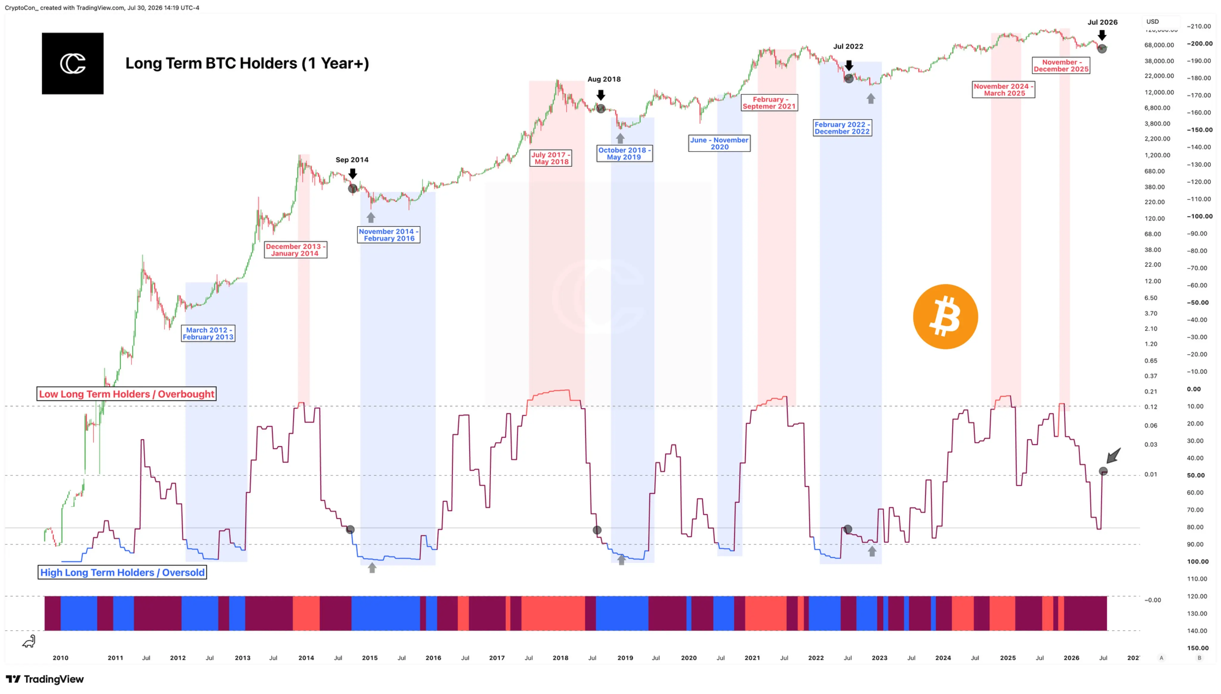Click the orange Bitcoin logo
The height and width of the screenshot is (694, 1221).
tap(945, 317)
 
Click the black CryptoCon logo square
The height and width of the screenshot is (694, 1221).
tap(72, 63)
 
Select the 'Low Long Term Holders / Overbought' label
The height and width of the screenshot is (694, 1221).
tap(126, 394)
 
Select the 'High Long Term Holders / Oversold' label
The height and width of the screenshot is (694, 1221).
tap(122, 572)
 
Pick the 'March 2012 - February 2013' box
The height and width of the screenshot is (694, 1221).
tap(208, 333)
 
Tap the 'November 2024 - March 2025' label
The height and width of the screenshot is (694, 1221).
tap(1003, 90)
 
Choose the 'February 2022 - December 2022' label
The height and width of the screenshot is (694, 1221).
tap(842, 128)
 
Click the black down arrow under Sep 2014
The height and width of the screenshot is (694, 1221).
tap(352, 173)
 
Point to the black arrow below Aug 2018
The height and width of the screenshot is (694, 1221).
tap(601, 94)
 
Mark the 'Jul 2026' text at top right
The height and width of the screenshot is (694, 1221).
tap(1102, 22)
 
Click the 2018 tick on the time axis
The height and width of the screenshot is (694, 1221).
tap(560, 658)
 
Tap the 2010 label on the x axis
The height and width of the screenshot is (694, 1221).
tap(61, 658)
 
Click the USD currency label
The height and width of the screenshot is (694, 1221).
tap(1152, 21)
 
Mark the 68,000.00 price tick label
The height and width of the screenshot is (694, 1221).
tap(1159, 45)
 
